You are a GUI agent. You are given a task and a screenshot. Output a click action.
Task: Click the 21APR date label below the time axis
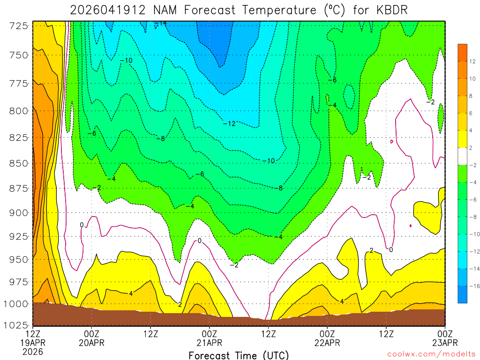click(x=210, y=342)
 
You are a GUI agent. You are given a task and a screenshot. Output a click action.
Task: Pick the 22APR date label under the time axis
click(x=327, y=342)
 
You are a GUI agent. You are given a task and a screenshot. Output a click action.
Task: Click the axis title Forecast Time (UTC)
click(x=239, y=355)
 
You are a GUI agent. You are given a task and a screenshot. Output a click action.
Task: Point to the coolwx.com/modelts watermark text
click(x=431, y=355)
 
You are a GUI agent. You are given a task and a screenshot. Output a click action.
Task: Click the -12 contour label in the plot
click(x=229, y=124)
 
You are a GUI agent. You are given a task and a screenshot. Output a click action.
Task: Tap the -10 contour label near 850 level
click(x=268, y=161)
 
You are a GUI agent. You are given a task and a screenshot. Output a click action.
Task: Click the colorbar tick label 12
click(x=472, y=61)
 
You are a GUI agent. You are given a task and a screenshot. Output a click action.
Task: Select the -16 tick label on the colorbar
click(x=473, y=285)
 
